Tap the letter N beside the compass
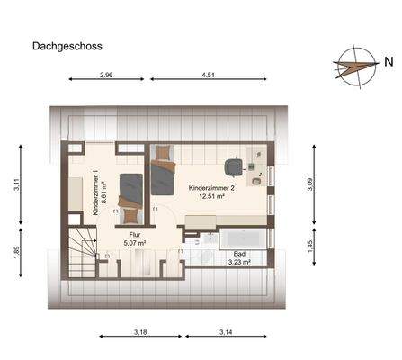(x=388, y=62)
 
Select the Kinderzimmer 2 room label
(x=211, y=188)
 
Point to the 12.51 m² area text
(x=211, y=198)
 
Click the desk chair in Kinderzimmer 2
(x=234, y=167)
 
